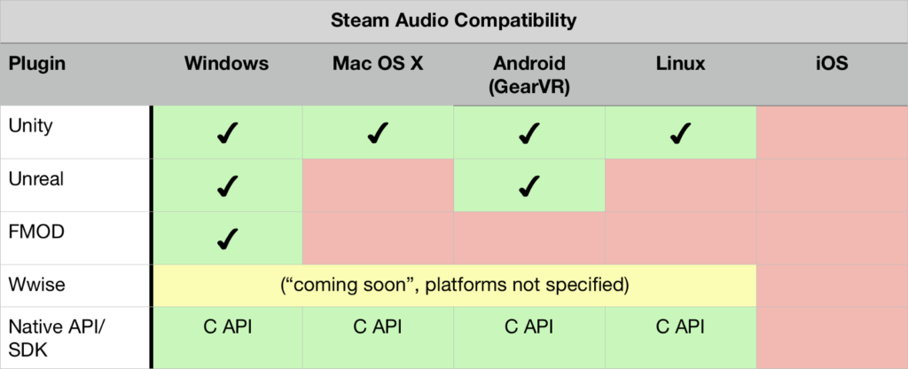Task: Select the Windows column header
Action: [x=227, y=64]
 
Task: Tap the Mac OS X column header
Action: [x=378, y=64]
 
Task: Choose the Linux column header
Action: [x=680, y=64]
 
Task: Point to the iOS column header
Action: [x=831, y=64]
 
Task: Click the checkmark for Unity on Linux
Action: [x=680, y=134]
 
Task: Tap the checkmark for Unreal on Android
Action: [x=529, y=185]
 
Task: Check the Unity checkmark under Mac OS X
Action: [x=378, y=134]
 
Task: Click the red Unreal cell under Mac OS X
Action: [x=378, y=185]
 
